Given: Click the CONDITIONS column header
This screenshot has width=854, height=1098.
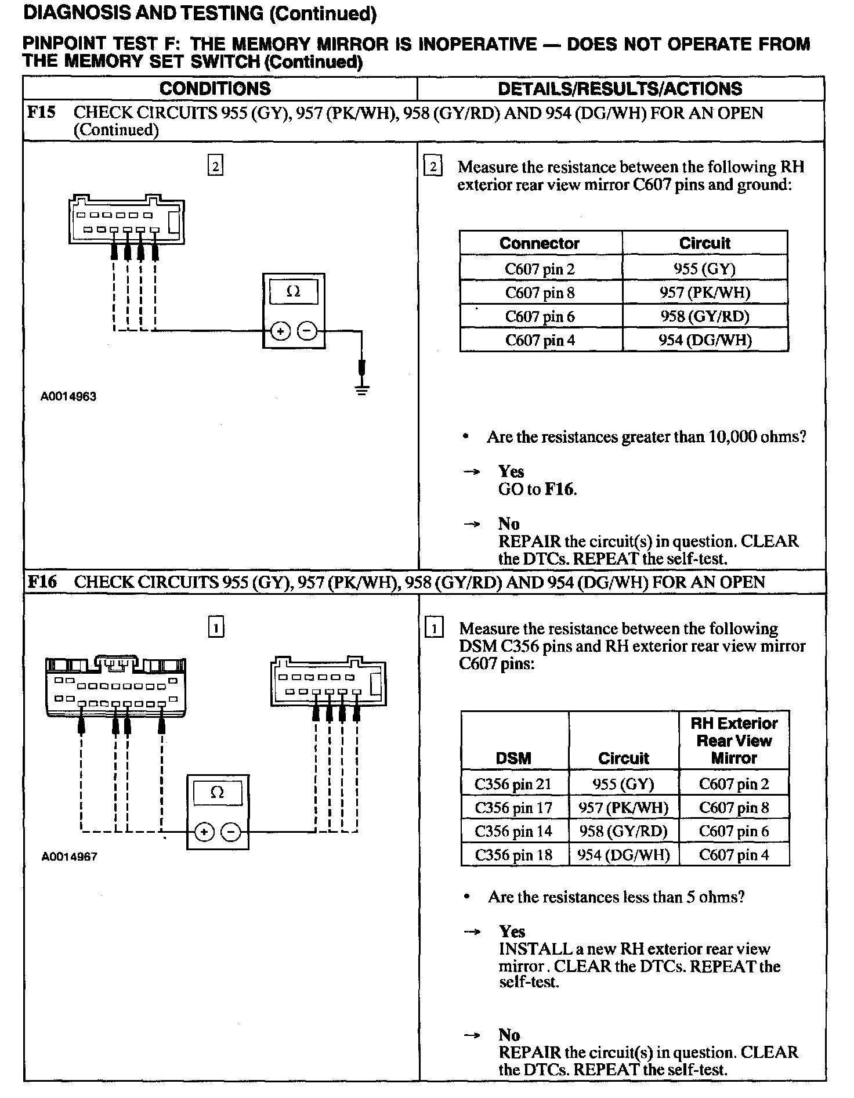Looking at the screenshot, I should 215,88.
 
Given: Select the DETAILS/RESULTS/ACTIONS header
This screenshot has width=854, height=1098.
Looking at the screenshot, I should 620,88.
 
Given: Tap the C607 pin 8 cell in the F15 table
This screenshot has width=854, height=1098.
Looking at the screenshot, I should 540,292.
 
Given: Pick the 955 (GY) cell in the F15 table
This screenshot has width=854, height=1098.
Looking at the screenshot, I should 704,269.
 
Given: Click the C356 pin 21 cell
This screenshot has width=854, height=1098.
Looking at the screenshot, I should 513,784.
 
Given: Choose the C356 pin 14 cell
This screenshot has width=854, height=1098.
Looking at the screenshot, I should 513,831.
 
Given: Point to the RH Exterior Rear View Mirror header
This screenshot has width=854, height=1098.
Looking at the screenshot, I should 734,741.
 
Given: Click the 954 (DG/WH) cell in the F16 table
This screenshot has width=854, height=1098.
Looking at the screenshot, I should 624,855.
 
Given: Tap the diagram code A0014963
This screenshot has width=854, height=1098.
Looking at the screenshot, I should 68,397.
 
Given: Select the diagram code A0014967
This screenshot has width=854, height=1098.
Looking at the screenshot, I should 69,857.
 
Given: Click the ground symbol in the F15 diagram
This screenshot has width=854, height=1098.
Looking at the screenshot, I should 362,388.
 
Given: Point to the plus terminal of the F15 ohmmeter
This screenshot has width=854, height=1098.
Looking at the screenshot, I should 281,331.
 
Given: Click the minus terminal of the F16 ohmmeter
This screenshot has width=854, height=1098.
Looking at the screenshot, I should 231,832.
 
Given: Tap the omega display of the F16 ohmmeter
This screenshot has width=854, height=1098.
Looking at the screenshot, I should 217,793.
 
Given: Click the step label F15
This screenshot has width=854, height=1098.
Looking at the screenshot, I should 41,112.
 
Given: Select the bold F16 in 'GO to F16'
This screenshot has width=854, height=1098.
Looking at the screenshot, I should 560,489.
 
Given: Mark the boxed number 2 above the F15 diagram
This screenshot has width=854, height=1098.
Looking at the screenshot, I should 215,167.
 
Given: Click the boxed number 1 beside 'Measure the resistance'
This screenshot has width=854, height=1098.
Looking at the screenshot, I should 434,629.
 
